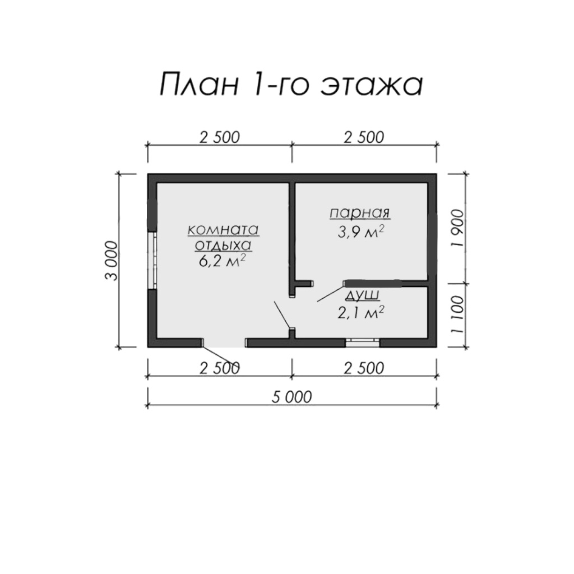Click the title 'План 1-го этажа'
click(x=291, y=85)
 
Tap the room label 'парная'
click(x=360, y=212)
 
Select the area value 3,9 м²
click(x=361, y=232)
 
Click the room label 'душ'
click(x=362, y=294)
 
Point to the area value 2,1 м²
click(x=361, y=312)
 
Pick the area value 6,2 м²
click(x=222, y=261)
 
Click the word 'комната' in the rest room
click(x=223, y=230)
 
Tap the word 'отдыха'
click(x=223, y=246)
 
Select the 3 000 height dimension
click(x=112, y=261)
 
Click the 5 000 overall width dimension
click(x=291, y=397)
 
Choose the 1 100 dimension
click(x=457, y=314)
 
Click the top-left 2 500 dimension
click(x=220, y=137)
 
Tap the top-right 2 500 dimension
click(x=364, y=137)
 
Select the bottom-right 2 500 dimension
click(x=364, y=368)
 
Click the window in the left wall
click(x=152, y=260)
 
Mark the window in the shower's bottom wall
click(x=363, y=342)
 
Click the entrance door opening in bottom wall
click(x=224, y=342)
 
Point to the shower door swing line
click(x=331, y=293)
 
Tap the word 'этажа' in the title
click(x=372, y=85)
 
